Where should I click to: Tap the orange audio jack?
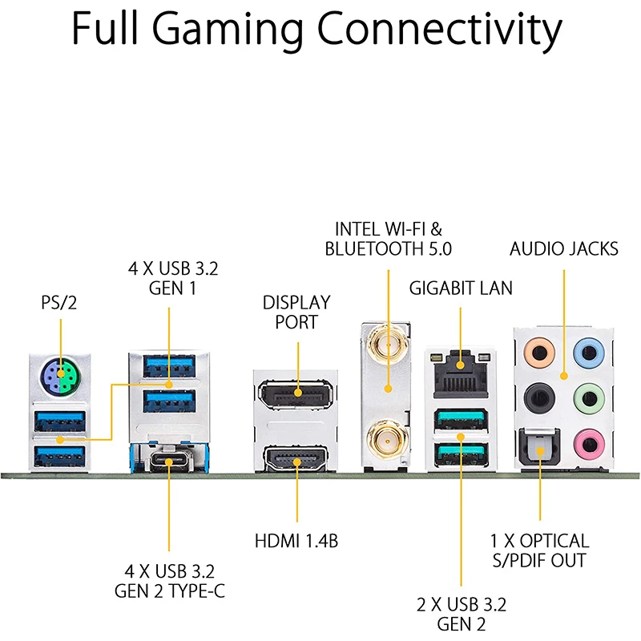pos(535,350)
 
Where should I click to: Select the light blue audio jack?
pos(589,350)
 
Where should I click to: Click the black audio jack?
pos(535,397)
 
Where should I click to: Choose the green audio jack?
pos(589,397)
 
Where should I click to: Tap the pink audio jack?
pos(589,440)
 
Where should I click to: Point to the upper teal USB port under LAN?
pos(461,419)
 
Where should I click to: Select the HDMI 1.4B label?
pos(296,541)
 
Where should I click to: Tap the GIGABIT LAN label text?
pos(461,287)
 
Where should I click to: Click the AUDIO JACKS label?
pos(564,248)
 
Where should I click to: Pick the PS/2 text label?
pos(60,303)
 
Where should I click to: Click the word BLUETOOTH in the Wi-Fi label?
pos(373,249)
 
